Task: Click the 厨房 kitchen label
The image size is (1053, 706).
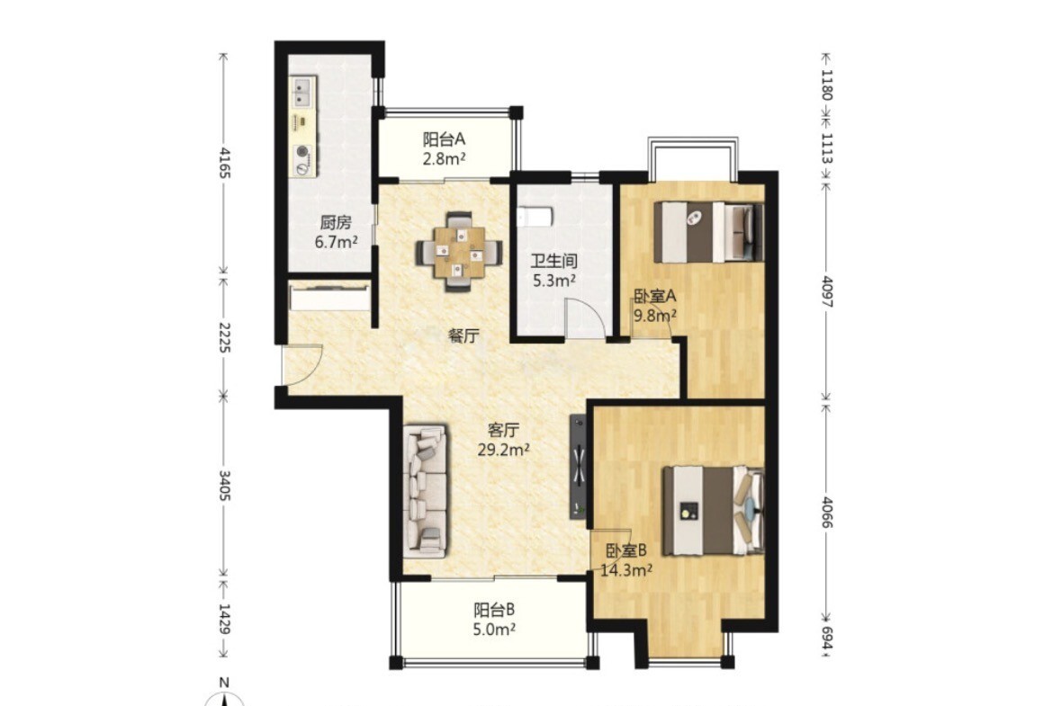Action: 335,223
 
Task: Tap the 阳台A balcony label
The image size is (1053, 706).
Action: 444,139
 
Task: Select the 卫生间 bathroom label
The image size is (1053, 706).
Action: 554,261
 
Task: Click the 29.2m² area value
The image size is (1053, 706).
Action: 504,450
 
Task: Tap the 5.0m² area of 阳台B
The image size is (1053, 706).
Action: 494,630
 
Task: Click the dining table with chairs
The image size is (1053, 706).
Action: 459,252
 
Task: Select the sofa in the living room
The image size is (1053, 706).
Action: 426,490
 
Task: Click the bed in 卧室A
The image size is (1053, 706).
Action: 708,232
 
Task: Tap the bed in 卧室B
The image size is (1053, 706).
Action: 713,511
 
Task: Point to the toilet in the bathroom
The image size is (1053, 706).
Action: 535,217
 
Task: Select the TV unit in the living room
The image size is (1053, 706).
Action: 578,467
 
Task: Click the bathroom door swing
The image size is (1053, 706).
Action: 580,317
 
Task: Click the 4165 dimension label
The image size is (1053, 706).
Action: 223,163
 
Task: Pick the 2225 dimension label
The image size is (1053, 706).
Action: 223,338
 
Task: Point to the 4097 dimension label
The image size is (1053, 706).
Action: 827,291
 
